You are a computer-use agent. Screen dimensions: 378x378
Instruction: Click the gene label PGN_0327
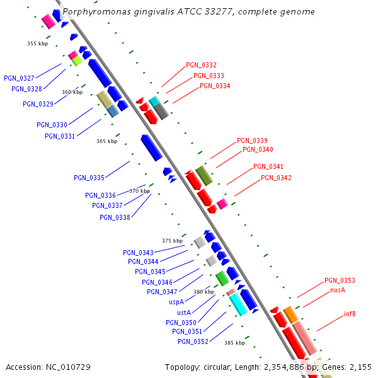click(x=19, y=78)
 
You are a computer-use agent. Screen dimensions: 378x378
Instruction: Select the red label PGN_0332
click(x=201, y=66)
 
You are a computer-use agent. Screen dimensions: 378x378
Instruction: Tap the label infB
click(x=350, y=314)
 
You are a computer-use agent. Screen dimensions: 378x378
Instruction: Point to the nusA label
click(x=338, y=290)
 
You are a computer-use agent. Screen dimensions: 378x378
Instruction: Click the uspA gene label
click(x=176, y=302)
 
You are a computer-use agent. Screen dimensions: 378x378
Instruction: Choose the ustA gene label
click(x=184, y=312)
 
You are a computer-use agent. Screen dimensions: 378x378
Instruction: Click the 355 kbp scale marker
click(x=38, y=43)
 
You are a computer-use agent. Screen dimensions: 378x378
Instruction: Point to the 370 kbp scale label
click(x=140, y=191)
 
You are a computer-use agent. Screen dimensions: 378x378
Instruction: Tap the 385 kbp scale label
click(x=234, y=343)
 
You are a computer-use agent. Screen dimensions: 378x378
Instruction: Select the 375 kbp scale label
click(x=172, y=241)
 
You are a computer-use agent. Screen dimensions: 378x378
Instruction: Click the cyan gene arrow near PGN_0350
click(x=237, y=304)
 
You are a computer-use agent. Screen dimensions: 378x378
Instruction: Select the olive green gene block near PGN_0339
click(x=203, y=176)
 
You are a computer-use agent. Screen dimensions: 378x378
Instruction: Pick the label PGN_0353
click(x=340, y=280)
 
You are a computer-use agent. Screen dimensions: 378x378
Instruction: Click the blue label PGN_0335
click(x=89, y=178)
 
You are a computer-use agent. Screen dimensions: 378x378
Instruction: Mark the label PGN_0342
click(x=276, y=178)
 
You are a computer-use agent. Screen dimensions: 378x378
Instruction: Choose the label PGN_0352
click(x=193, y=341)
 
